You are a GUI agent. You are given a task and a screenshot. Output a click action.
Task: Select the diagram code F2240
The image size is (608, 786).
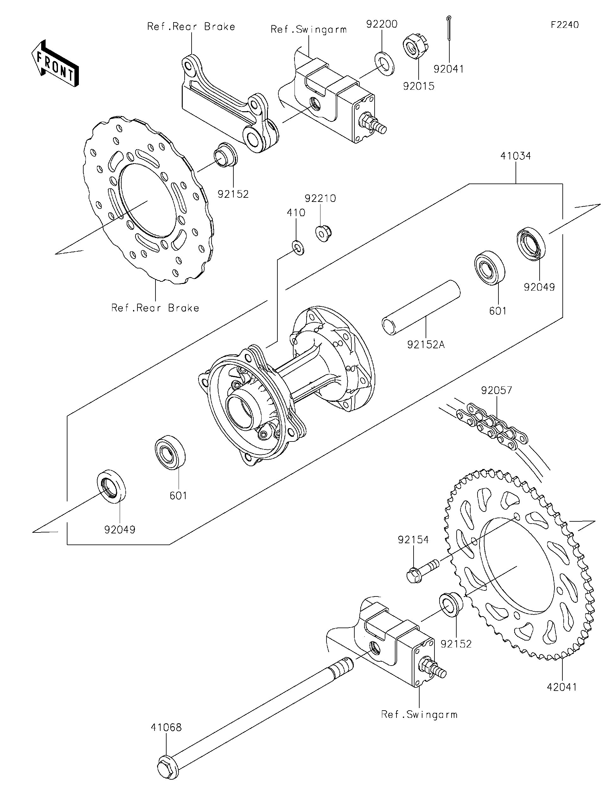[x=565, y=24]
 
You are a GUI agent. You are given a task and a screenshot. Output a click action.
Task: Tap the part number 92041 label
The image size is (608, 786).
[x=448, y=69]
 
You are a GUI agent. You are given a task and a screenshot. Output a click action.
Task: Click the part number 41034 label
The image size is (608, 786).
[x=516, y=156]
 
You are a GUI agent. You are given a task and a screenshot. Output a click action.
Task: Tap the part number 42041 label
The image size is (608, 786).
[x=562, y=687]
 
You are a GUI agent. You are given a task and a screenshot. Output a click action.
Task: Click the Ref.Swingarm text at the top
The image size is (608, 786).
[x=308, y=29]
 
